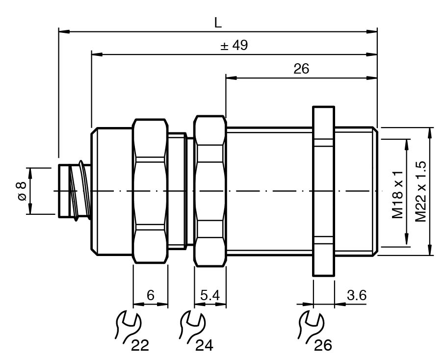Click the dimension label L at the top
(217, 23)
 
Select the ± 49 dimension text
(235, 45)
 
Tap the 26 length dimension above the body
(301, 69)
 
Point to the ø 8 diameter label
(22, 191)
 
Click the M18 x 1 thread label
(397, 195)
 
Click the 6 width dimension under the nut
(151, 295)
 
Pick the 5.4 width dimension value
(210, 295)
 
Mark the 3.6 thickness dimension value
(357, 295)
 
